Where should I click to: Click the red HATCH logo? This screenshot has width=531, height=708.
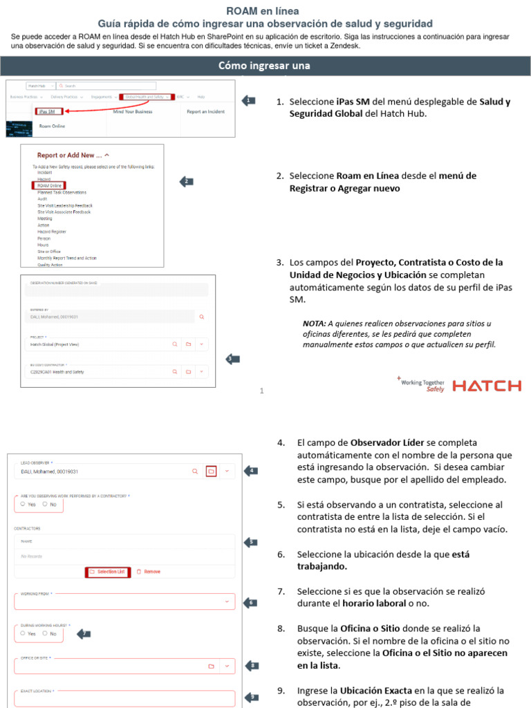(487, 386)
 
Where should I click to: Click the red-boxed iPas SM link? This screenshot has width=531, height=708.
(48, 111)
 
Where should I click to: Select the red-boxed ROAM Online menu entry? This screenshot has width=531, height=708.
(49, 186)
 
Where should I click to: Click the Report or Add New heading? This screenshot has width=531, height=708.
(73, 156)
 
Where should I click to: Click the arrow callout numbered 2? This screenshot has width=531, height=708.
(185, 182)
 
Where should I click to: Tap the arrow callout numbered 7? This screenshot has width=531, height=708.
(82, 633)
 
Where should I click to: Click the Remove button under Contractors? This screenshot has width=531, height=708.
(148, 572)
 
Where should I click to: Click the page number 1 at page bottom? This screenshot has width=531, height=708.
(262, 391)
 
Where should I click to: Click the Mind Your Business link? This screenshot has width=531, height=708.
(133, 111)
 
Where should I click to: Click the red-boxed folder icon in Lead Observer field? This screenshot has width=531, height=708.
(212, 471)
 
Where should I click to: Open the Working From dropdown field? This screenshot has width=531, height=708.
(124, 602)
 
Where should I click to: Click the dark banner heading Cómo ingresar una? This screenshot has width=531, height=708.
(265, 66)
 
